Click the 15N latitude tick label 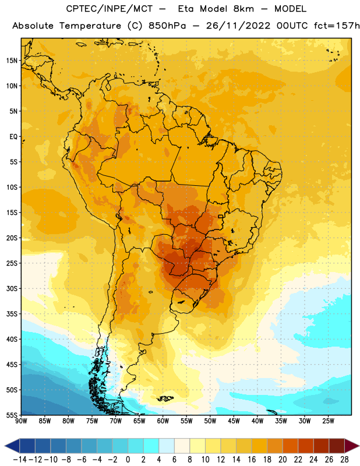pyautogui.click(x=12, y=61)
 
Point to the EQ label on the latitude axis pyautogui.click(x=13, y=137)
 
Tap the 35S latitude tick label pyautogui.click(x=12, y=314)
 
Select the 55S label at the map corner pyautogui.click(x=12, y=415)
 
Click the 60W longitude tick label pyautogui.click(x=163, y=421)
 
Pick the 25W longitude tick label pyautogui.click(x=329, y=421)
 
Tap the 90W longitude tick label pyautogui.click(x=21, y=421)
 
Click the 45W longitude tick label pyautogui.click(x=234, y=421)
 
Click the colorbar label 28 pyautogui.click(x=344, y=460)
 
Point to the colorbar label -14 pyautogui.click(x=20, y=460)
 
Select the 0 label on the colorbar pyautogui.click(x=128, y=460)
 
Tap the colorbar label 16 pyautogui.click(x=252, y=460)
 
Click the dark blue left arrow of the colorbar pyautogui.click(x=12, y=446)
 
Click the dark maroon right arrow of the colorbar pyautogui.click(x=352, y=446)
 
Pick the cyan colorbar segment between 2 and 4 pyautogui.click(x=151, y=446)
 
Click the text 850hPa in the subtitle pyautogui.click(x=167, y=26)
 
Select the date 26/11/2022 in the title pyautogui.click(x=238, y=26)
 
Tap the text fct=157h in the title pyautogui.click(x=337, y=26)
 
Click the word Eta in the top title pyautogui.click(x=186, y=9)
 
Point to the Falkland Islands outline pyautogui.click(x=165, y=398)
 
